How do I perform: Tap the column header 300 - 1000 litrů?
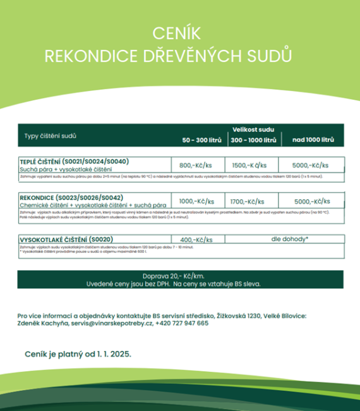click(253, 140)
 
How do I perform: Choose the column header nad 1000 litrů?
click(312, 140)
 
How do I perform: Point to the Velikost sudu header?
click(253, 129)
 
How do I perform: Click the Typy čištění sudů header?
click(51, 135)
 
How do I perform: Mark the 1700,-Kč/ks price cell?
click(251, 201)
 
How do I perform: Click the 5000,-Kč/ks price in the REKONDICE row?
click(312, 201)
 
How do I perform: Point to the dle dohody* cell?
click(289, 240)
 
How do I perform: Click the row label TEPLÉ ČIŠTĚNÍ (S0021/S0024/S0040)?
click(74, 162)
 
